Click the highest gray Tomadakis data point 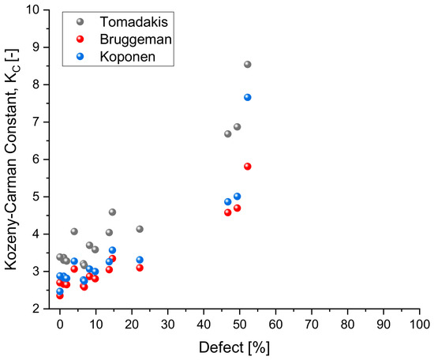pos(248,65)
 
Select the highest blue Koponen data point pos(248,97)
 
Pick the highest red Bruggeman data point pos(248,167)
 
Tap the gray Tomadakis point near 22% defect pos(140,229)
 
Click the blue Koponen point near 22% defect pos(140,260)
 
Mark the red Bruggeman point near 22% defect pos(140,268)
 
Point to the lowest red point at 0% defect pos(60,296)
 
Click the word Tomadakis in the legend pos(134,22)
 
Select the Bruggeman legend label pos(136,39)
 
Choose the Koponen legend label pos(128,57)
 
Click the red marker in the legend pos(80,39)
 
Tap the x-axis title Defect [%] pos(234,347)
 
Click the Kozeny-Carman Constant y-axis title pos(11,159)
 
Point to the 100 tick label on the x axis pos(420,324)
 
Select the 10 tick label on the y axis pos(33,10)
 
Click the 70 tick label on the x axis pos(312,324)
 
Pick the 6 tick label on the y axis pos(36,159)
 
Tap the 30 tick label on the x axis pos(168,324)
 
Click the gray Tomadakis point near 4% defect pos(74,231)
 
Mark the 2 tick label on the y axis pos(36,309)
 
